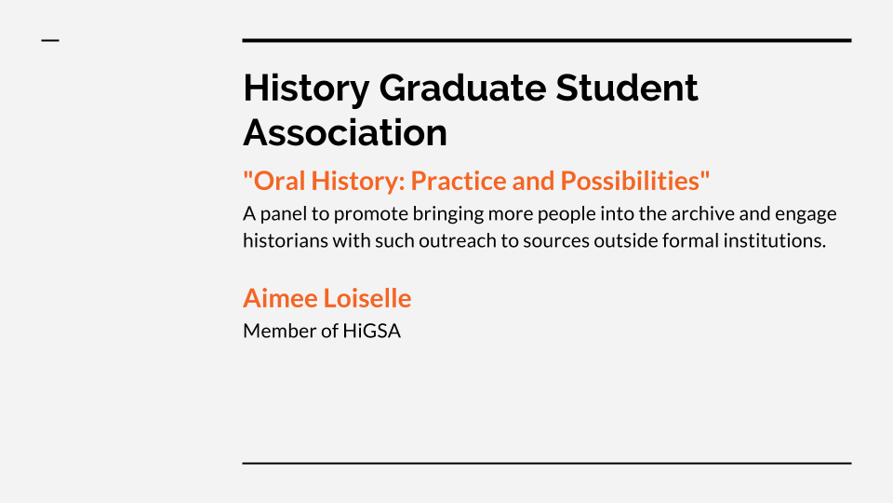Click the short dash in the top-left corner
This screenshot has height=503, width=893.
pyautogui.click(x=50, y=40)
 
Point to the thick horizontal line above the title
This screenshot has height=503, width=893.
pyautogui.click(x=547, y=40)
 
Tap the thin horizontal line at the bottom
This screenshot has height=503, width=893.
pyautogui.click(x=547, y=463)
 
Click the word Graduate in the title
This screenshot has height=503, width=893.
pyautogui.click(x=462, y=88)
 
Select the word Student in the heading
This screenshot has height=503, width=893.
pyautogui.click(x=626, y=88)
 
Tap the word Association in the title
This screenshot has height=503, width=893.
pyautogui.click(x=345, y=132)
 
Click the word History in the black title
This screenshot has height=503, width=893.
pyautogui.click(x=306, y=89)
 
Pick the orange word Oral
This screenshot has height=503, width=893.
pyautogui.click(x=279, y=181)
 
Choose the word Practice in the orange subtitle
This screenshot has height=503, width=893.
pyautogui.click(x=459, y=181)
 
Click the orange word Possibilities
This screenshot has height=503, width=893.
pyautogui.click(x=630, y=181)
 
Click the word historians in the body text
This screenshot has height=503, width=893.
pyautogui.click(x=286, y=240)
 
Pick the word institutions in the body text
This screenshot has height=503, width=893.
pyautogui.click(x=775, y=240)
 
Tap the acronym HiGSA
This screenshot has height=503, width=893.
pyautogui.click(x=372, y=331)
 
